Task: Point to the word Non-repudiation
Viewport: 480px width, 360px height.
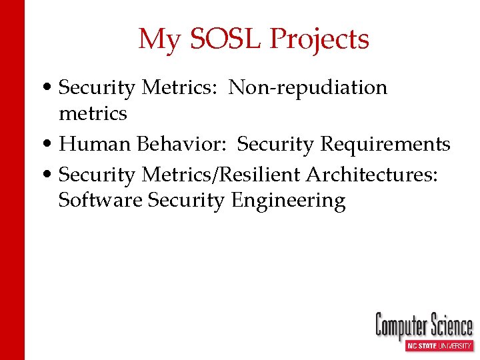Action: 308,87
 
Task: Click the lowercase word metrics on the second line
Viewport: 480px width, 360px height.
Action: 93,113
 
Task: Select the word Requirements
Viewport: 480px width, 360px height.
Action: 385,144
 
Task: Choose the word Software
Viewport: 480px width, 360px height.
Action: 101,200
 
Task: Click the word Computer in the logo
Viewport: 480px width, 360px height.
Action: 400,327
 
